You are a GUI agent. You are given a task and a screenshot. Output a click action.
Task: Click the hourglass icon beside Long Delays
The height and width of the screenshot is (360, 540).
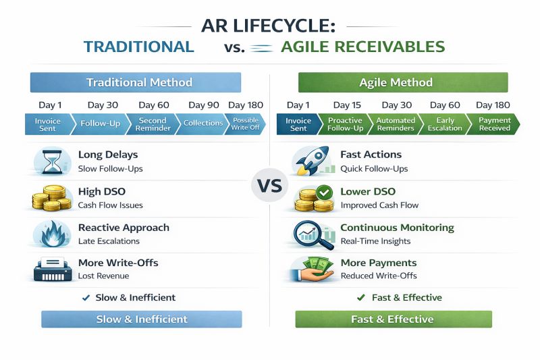click(52, 161)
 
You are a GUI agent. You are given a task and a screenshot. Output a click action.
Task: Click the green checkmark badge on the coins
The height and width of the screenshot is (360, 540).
click(324, 193)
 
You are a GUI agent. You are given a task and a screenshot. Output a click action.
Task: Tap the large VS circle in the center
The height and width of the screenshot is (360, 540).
click(269, 186)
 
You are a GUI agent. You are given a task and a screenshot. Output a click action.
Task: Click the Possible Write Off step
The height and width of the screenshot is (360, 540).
click(245, 124)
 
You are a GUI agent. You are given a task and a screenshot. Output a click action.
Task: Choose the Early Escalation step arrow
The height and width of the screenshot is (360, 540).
click(445, 124)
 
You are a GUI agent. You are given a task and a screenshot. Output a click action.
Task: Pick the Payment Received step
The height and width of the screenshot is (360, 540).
click(493, 124)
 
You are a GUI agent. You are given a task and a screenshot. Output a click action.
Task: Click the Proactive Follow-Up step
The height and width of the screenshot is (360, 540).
click(345, 124)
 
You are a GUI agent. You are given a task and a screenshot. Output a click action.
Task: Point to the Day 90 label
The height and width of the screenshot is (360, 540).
click(204, 105)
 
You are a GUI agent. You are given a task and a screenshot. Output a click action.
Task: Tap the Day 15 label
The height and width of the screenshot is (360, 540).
click(347, 105)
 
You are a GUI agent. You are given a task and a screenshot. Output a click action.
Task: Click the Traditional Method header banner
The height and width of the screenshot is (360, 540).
click(136, 82)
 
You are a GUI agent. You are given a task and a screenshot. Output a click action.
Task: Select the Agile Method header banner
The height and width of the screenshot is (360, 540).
click(403, 82)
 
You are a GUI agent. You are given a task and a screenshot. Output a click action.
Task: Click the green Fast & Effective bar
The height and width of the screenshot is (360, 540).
click(394, 319)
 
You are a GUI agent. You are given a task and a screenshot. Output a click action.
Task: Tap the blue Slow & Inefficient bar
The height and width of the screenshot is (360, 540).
click(142, 319)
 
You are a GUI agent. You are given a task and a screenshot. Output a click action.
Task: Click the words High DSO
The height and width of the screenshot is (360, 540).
click(102, 192)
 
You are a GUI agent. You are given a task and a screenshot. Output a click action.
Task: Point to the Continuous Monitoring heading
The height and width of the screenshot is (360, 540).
click(397, 228)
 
